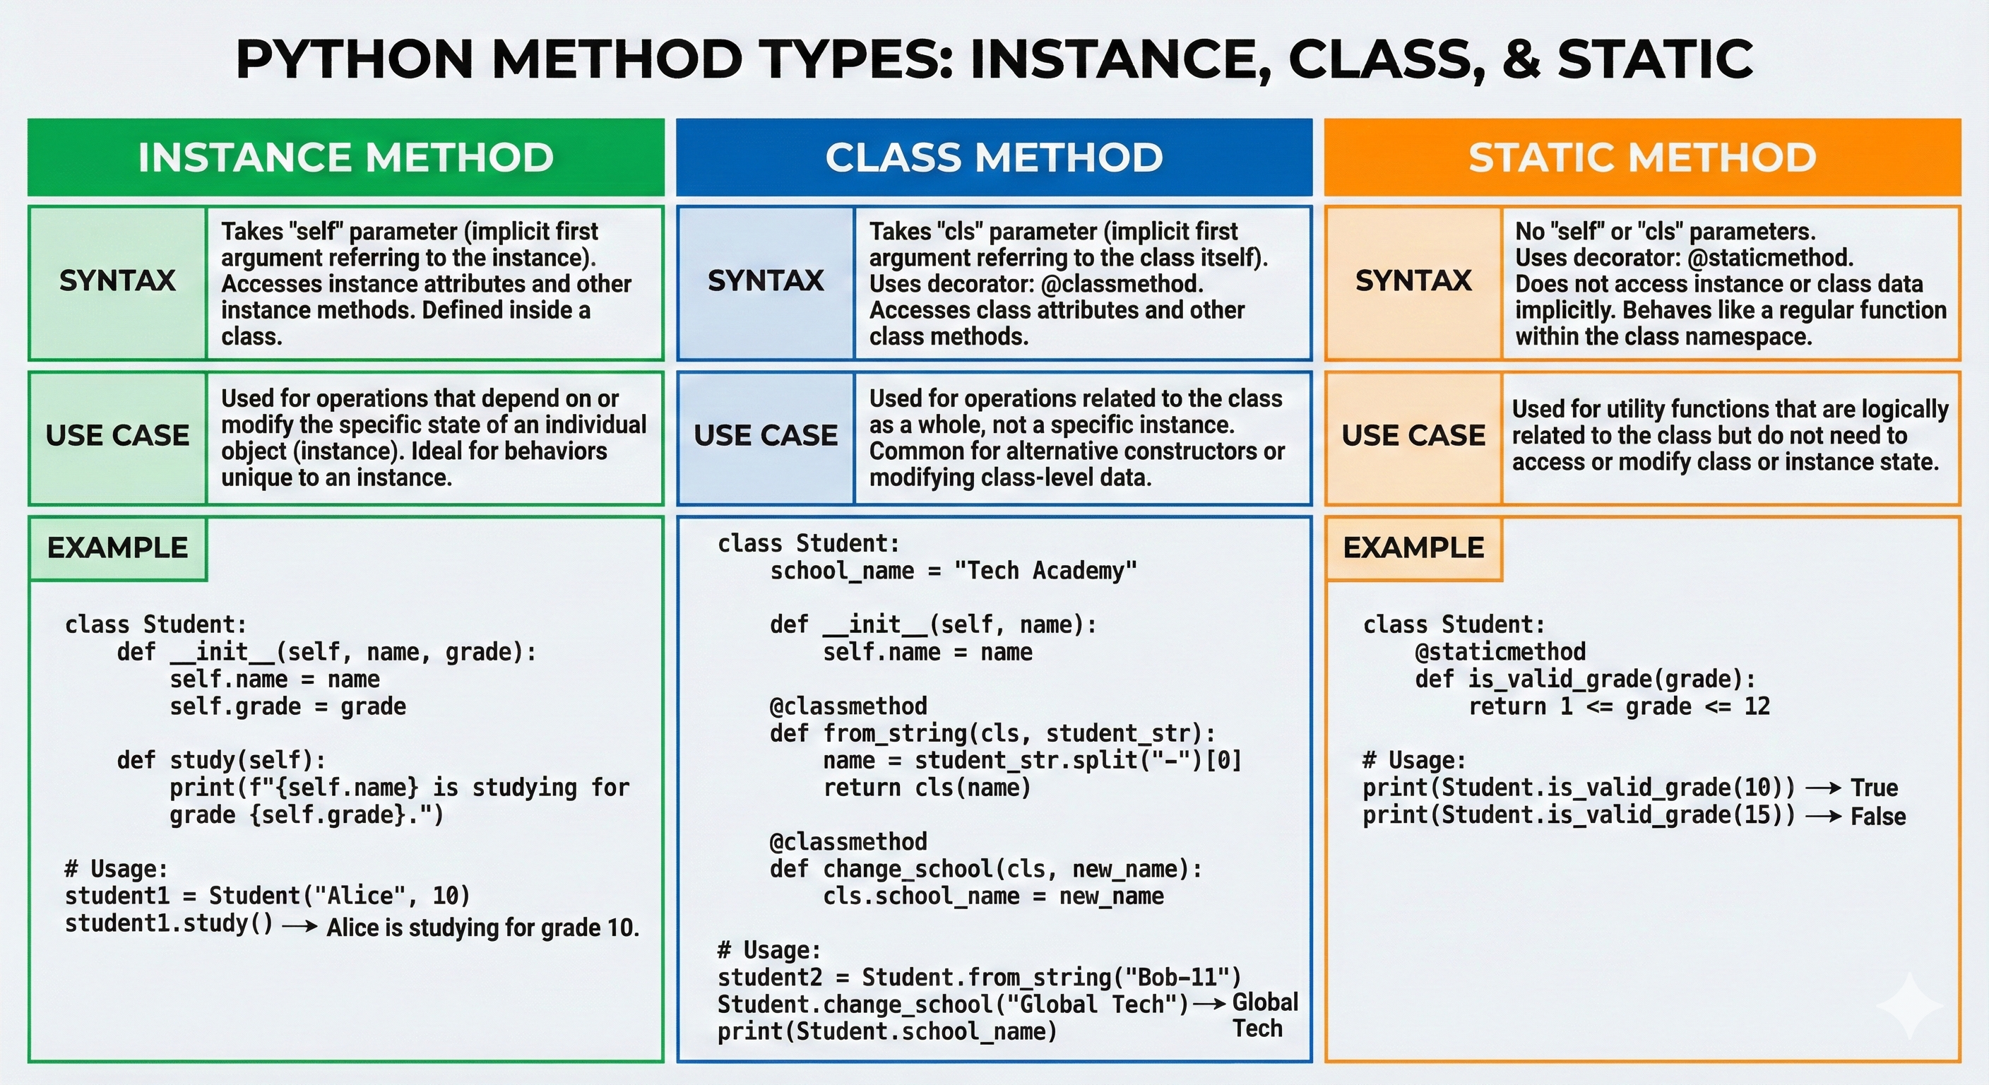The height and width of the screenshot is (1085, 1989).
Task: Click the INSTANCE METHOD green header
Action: pyautogui.click(x=346, y=158)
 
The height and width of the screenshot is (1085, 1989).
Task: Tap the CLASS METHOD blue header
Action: pyautogui.click(x=994, y=158)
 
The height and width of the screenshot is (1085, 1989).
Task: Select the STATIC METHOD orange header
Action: pyautogui.click(x=1642, y=158)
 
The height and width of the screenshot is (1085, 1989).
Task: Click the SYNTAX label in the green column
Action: pyautogui.click(x=117, y=281)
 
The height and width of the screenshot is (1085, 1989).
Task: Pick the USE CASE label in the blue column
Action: pyautogui.click(x=765, y=437)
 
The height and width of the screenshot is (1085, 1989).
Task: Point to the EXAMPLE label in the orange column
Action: pyautogui.click(x=1413, y=548)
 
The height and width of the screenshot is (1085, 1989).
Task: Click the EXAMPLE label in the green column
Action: pyautogui.click(x=117, y=548)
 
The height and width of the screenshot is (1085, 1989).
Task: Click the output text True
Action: pyautogui.click(x=1874, y=788)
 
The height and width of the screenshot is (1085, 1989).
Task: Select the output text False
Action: pyautogui.click(x=1878, y=817)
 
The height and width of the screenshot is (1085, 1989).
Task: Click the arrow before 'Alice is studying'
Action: pyautogui.click(x=299, y=926)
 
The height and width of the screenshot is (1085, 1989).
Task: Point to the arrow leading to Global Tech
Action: pyautogui.click(x=1209, y=1004)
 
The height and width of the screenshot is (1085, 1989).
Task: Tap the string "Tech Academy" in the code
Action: pyautogui.click(x=1045, y=571)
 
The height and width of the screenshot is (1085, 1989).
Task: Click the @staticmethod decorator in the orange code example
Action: pyautogui.click(x=1500, y=652)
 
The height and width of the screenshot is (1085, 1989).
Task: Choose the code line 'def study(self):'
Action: pyautogui.click(x=222, y=761)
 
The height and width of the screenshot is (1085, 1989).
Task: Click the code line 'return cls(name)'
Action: pyautogui.click(x=927, y=788)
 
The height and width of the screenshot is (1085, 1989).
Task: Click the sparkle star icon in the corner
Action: pyautogui.click(x=1909, y=1005)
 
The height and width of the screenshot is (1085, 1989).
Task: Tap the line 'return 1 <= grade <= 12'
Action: pyautogui.click(x=1619, y=706)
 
